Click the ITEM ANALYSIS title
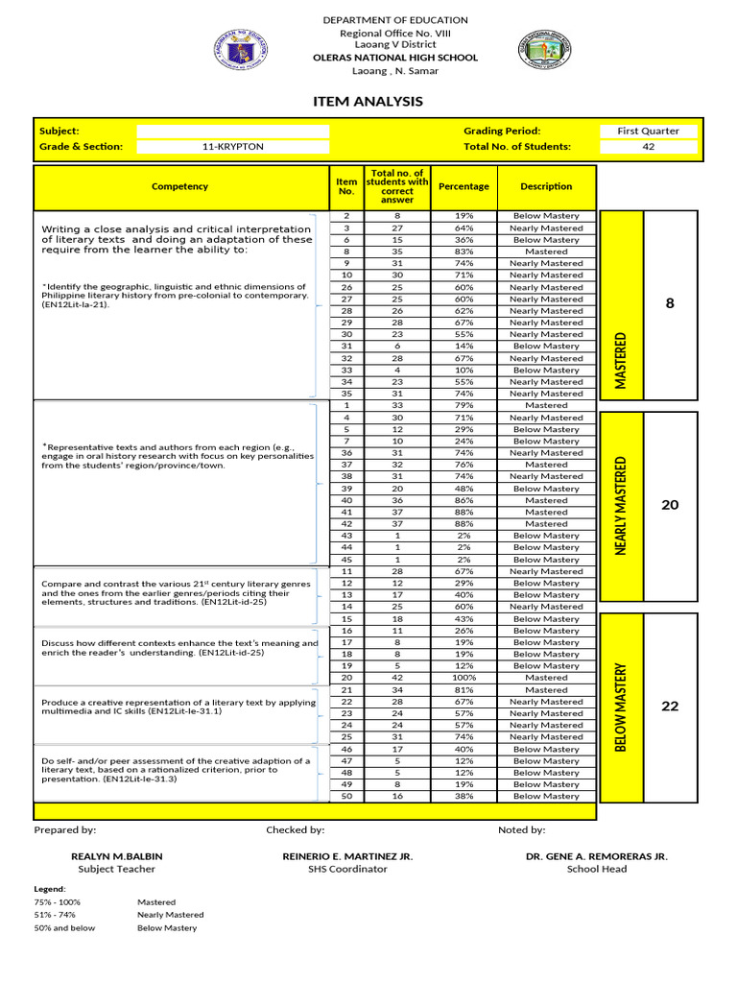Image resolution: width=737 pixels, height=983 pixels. [368, 102]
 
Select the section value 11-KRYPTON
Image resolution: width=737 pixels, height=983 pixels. [232, 147]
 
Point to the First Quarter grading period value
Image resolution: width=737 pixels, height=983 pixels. [648, 131]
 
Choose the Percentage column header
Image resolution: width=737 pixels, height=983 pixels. [464, 186]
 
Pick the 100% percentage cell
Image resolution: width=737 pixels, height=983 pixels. [464, 678]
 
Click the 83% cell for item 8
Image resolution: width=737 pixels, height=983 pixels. [464, 252]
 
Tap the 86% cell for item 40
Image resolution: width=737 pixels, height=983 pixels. [464, 500]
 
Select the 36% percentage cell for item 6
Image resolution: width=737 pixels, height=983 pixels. [464, 240]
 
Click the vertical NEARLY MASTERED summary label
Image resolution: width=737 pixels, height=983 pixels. [620, 507]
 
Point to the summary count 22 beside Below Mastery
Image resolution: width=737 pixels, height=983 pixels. [670, 707]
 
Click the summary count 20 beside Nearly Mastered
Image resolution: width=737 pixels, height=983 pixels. [670, 505]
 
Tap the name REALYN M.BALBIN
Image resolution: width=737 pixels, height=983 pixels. [116, 856]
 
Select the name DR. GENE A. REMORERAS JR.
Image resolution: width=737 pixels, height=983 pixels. [596, 856]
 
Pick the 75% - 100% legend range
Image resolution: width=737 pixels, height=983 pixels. [58, 902]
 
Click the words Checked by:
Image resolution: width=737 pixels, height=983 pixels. [296, 829]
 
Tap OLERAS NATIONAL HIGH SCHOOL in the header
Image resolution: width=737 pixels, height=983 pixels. [395, 58]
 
